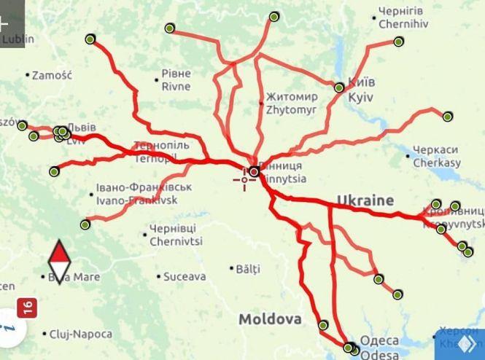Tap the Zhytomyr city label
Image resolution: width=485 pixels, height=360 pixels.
click(x=292, y=103)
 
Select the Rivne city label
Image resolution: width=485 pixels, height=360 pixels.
click(x=175, y=79)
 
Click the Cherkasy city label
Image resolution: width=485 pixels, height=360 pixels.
click(x=436, y=156)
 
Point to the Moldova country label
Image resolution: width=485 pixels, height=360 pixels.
click(x=270, y=319)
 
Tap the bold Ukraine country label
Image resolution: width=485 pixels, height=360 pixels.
click(x=365, y=200)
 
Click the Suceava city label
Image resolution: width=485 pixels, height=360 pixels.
click(x=184, y=277)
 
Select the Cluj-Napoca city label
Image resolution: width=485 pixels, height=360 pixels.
click(x=80, y=334)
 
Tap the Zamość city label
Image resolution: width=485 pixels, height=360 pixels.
click(x=53, y=74)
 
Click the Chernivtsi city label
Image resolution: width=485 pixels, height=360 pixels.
click(x=176, y=235)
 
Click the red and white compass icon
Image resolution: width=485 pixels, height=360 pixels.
click(x=59, y=263)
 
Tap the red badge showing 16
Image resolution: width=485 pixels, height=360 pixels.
click(x=28, y=308)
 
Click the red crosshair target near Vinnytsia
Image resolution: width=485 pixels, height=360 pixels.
click(x=244, y=179)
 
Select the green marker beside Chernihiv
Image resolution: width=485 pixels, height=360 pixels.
click(x=398, y=42)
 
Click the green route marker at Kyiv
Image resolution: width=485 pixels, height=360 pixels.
click(x=339, y=88)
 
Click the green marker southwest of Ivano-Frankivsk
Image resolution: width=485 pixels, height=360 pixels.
click(x=85, y=224)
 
